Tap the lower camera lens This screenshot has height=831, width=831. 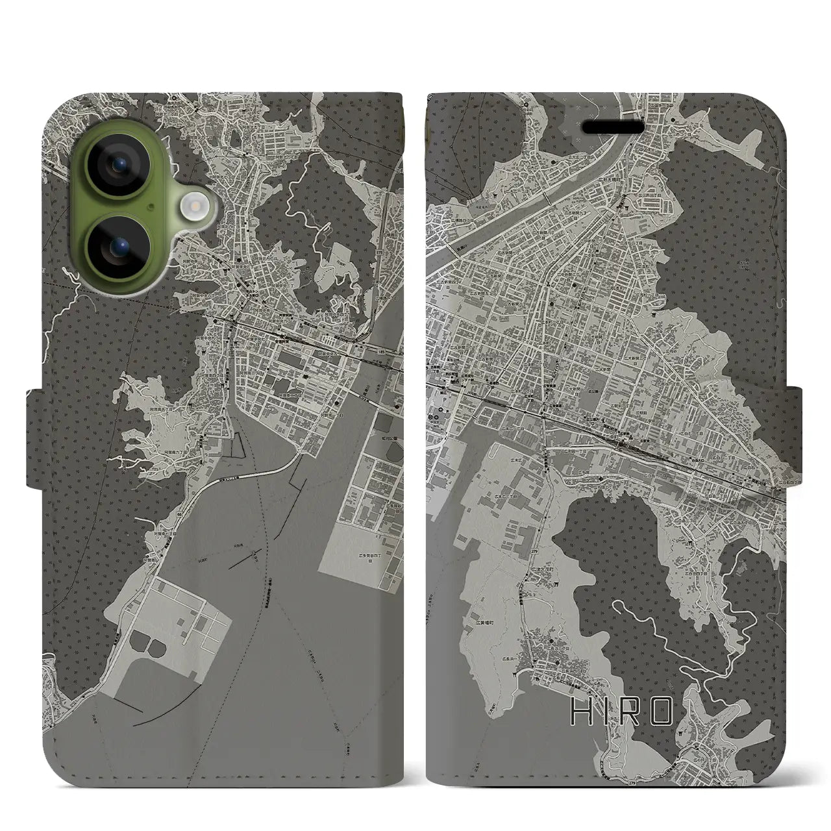pos(121,247)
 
